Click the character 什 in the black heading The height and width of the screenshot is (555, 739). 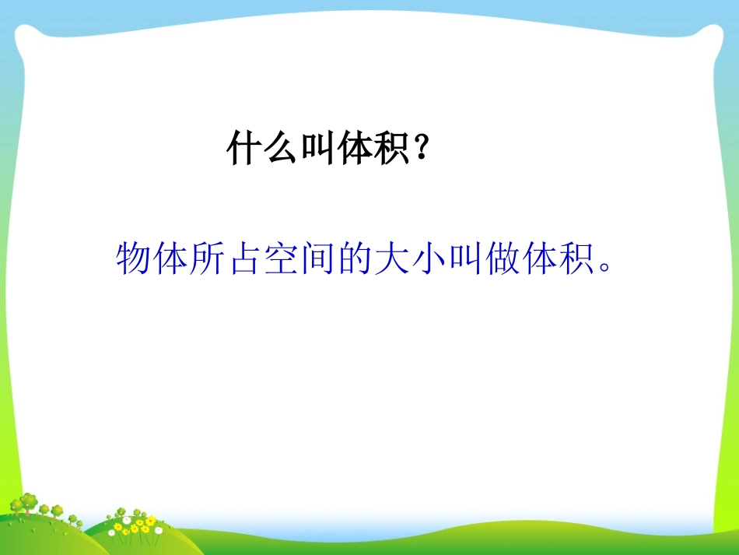(243, 147)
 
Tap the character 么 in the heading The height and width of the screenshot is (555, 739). (281, 147)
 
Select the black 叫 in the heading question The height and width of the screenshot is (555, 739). (318, 147)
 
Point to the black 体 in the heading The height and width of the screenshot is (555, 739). (355, 147)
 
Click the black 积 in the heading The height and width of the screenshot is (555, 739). (393, 147)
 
